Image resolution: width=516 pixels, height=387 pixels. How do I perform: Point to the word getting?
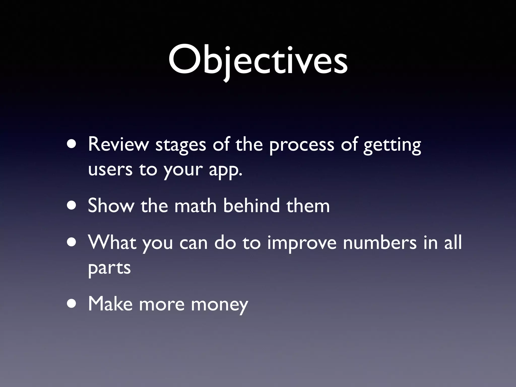(x=392, y=146)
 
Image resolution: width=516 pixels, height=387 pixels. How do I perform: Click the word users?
(x=110, y=170)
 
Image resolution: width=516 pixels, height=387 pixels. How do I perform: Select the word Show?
(x=111, y=205)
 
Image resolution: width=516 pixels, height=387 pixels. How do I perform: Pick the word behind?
(x=251, y=205)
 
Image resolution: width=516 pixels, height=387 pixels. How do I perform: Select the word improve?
(x=302, y=243)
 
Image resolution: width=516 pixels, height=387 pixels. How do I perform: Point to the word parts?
(x=109, y=268)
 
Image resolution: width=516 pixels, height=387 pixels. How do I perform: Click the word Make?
(x=110, y=304)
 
